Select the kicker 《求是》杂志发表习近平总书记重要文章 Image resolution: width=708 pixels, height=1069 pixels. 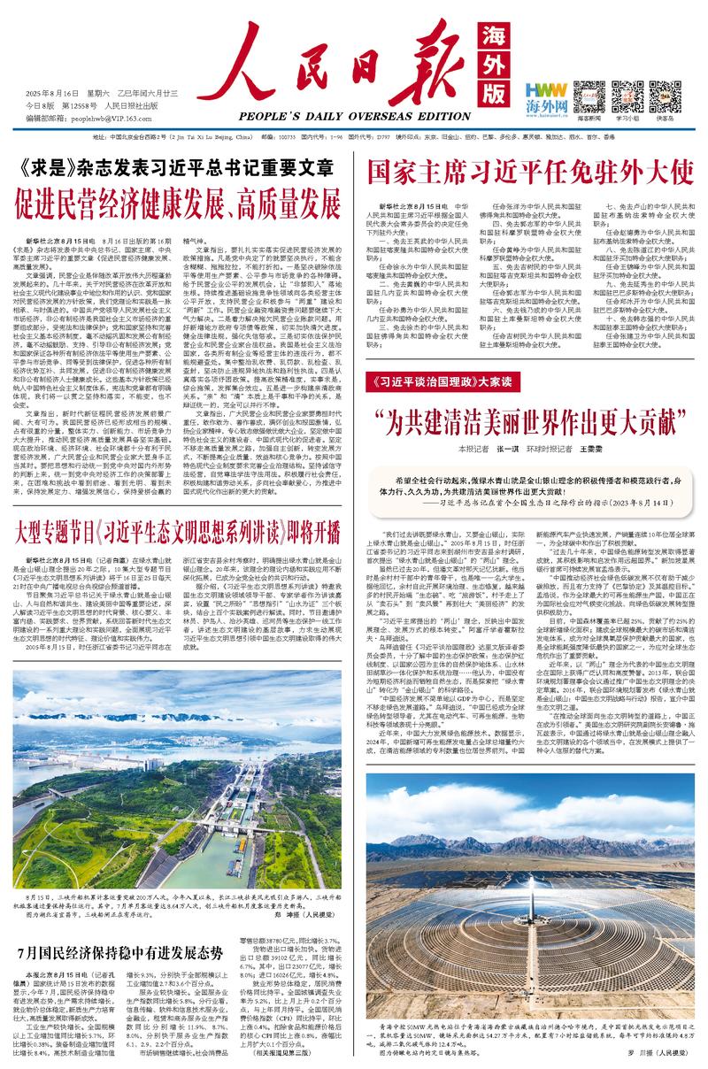pos(177,166)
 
